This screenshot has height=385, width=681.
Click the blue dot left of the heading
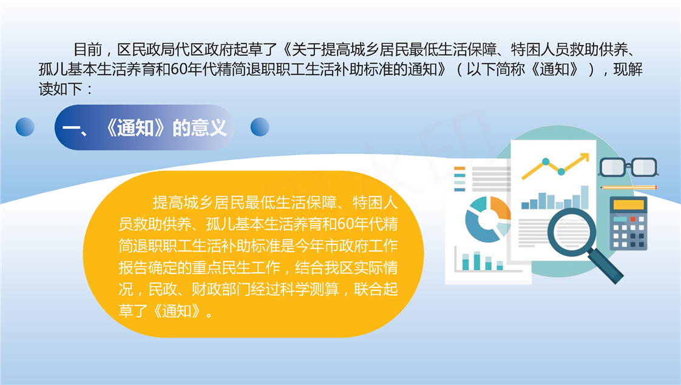[25, 127]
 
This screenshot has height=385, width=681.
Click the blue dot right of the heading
[260, 127]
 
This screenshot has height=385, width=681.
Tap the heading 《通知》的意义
[166, 127]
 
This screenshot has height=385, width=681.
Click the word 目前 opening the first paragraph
[88, 50]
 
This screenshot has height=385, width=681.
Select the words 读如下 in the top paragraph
[60, 89]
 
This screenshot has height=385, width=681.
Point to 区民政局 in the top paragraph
[146, 50]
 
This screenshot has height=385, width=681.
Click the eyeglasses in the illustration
[628, 167]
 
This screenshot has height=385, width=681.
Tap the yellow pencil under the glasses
[629, 187]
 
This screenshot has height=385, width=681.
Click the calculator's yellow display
[628, 204]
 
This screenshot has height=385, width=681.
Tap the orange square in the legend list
[459, 169]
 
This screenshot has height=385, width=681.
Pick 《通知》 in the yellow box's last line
[176, 311]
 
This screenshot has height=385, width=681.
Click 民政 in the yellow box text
[163, 289]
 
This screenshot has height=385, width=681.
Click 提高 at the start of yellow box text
[167, 203]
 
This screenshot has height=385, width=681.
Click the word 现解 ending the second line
[628, 70]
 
